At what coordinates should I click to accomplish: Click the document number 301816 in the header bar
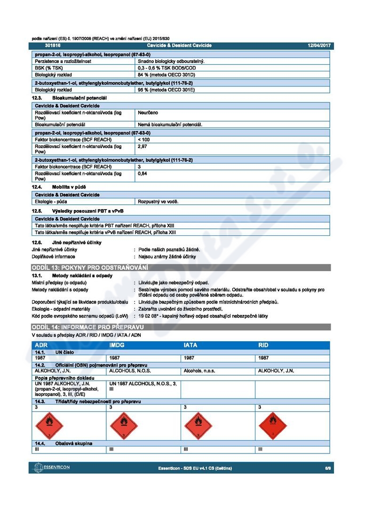point(53,46)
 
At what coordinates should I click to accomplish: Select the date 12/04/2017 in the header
point(319,46)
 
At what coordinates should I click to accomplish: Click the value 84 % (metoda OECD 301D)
point(167,75)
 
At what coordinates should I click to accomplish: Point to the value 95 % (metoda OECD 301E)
point(167,89)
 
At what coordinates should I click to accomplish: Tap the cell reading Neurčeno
point(148,113)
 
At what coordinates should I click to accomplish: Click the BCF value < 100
point(144,140)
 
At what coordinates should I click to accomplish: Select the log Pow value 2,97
point(143,147)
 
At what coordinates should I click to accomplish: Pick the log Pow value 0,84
point(143,173)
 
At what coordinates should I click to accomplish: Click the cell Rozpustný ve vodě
point(158,202)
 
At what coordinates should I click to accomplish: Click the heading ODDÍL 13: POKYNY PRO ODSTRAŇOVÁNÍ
point(90,268)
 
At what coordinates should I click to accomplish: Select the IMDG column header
point(117,345)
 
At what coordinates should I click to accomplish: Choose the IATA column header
point(190,345)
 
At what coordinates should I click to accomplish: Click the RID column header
point(263,345)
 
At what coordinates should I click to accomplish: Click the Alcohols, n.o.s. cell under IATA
point(199,371)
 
